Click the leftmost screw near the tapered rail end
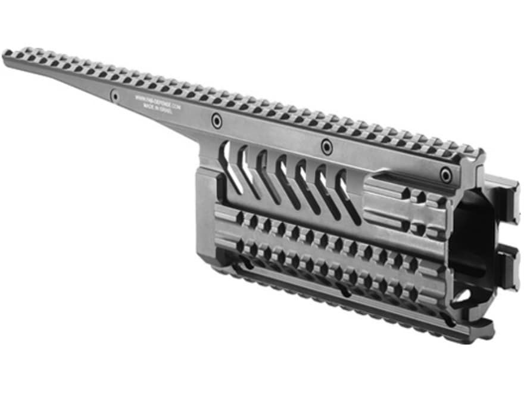pos(114,96)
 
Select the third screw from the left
pos(326,146)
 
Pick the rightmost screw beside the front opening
pos(445,174)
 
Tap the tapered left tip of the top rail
pos(8,56)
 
